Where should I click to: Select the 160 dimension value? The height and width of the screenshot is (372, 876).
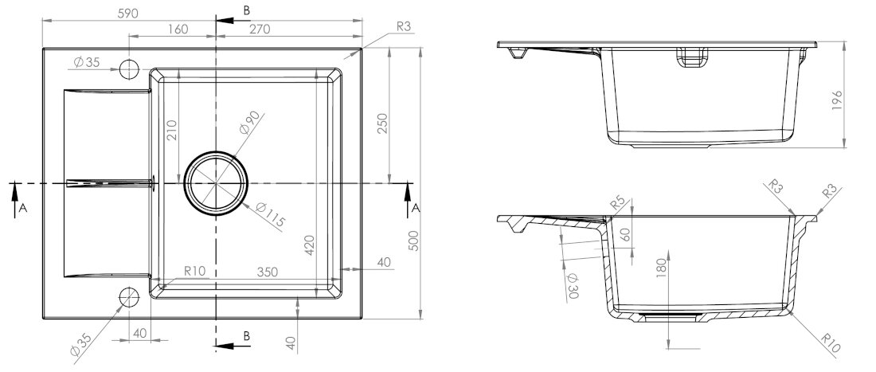coord(178,29)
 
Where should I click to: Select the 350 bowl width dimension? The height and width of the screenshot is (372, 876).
coord(267,272)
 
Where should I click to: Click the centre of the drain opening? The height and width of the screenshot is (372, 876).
coord(216,183)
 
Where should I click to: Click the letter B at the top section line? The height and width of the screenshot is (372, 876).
coord(247,10)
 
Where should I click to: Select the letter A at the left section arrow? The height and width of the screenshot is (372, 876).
coord(23,208)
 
